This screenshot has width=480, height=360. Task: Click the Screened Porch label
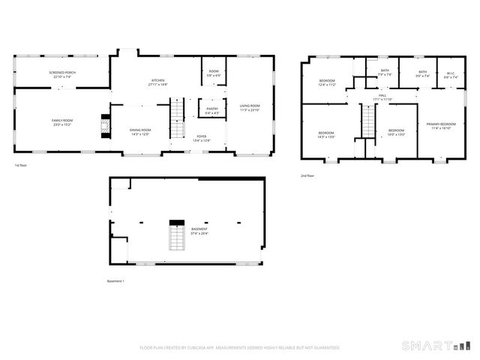tap(62, 73)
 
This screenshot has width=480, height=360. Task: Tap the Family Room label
tap(62, 122)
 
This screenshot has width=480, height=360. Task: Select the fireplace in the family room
tap(105, 122)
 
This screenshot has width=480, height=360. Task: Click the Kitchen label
tap(158, 82)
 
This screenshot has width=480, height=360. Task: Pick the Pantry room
tap(211, 109)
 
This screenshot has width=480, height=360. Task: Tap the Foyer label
tap(202, 138)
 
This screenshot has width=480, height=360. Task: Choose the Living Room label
tap(250, 107)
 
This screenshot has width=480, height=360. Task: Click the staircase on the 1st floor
tap(178, 118)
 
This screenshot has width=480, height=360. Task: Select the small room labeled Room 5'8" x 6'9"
tap(213, 74)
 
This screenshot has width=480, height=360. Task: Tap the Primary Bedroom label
tap(441, 125)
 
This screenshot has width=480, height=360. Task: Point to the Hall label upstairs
tap(382, 97)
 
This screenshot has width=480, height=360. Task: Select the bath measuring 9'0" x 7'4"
tap(422, 74)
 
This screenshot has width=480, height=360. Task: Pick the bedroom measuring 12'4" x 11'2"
tap(327, 83)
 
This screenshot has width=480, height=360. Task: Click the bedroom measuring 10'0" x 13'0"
tap(396, 133)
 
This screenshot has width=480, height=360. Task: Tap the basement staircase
tap(177, 238)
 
